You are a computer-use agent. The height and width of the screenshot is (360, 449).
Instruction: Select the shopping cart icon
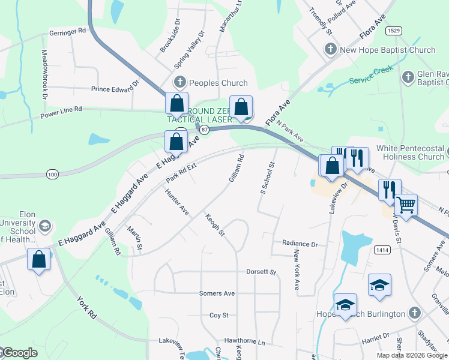[x=406, y=205]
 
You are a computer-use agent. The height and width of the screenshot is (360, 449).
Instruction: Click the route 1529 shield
[x=394, y=29]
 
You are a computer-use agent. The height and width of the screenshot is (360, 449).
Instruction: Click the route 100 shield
[x=52, y=174]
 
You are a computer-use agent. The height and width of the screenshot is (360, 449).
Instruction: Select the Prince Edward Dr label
[x=115, y=89]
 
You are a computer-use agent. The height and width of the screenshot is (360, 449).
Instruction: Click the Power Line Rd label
[x=61, y=112]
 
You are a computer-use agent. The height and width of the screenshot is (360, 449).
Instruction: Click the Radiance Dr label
[x=300, y=244]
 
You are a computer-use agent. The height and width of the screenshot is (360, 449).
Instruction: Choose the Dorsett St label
[x=261, y=272]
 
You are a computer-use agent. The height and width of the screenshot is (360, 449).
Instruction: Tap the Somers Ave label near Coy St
[x=217, y=293]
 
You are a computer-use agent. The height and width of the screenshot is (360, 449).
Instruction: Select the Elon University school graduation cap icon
[x=44, y=226]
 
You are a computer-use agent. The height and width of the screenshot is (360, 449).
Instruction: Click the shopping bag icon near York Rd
[x=39, y=260]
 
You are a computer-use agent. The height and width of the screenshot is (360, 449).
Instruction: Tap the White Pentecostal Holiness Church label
[x=410, y=153]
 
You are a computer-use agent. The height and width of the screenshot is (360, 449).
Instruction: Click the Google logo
[x=19, y=353]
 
